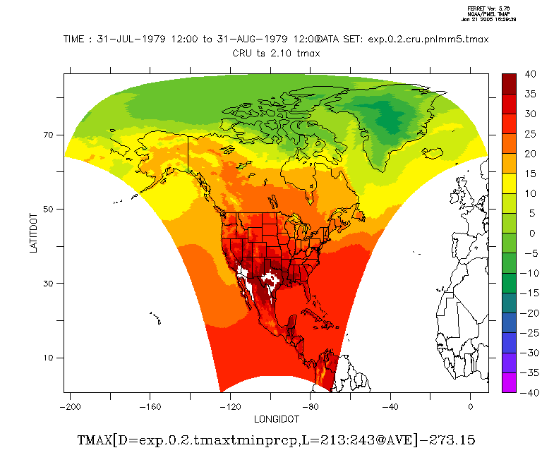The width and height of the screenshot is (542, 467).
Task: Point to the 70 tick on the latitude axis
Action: point(51,135)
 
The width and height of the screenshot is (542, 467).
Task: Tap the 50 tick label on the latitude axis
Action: point(51,209)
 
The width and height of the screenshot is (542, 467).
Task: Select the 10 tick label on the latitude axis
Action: point(51,358)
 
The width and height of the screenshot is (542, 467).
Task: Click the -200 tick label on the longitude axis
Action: point(69,406)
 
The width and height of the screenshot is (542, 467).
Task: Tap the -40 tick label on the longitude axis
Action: point(390,406)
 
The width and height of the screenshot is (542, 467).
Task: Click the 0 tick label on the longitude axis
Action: point(471,406)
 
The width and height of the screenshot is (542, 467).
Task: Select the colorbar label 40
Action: point(529,73)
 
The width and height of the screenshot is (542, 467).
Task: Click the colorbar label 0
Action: point(529,233)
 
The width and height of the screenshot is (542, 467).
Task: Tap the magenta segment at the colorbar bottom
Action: point(510,384)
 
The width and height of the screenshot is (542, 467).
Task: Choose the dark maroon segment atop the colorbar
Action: point(510,81)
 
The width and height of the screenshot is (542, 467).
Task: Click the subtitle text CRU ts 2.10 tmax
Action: point(276,52)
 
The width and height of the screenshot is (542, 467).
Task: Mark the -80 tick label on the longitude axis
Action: point(310,406)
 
